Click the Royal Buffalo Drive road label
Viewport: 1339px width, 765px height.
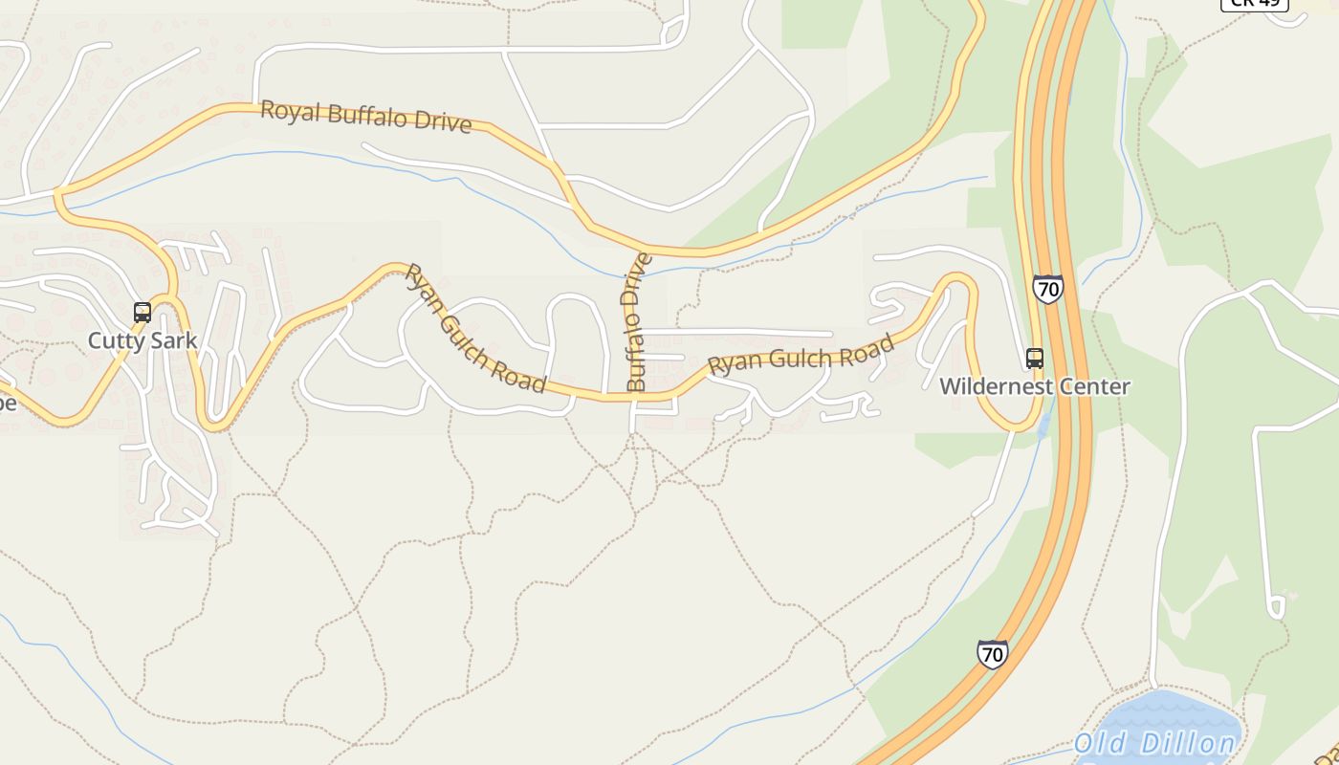[366, 116]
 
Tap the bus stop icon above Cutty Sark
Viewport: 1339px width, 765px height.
[143, 312]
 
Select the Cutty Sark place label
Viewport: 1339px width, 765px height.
[143, 340]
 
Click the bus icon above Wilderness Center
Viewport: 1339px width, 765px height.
[1034, 359]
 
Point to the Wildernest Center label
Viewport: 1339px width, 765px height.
[1034, 386]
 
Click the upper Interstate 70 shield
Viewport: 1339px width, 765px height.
[1047, 288]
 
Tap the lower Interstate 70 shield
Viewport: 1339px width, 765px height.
[993, 654]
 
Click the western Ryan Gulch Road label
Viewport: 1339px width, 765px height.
[474, 328]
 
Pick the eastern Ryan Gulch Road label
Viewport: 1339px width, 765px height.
[801, 356]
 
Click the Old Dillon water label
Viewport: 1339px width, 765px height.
[1154, 744]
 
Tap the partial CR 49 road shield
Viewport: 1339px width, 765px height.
[1254, 4]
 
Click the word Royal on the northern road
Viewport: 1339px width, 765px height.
[290, 110]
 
